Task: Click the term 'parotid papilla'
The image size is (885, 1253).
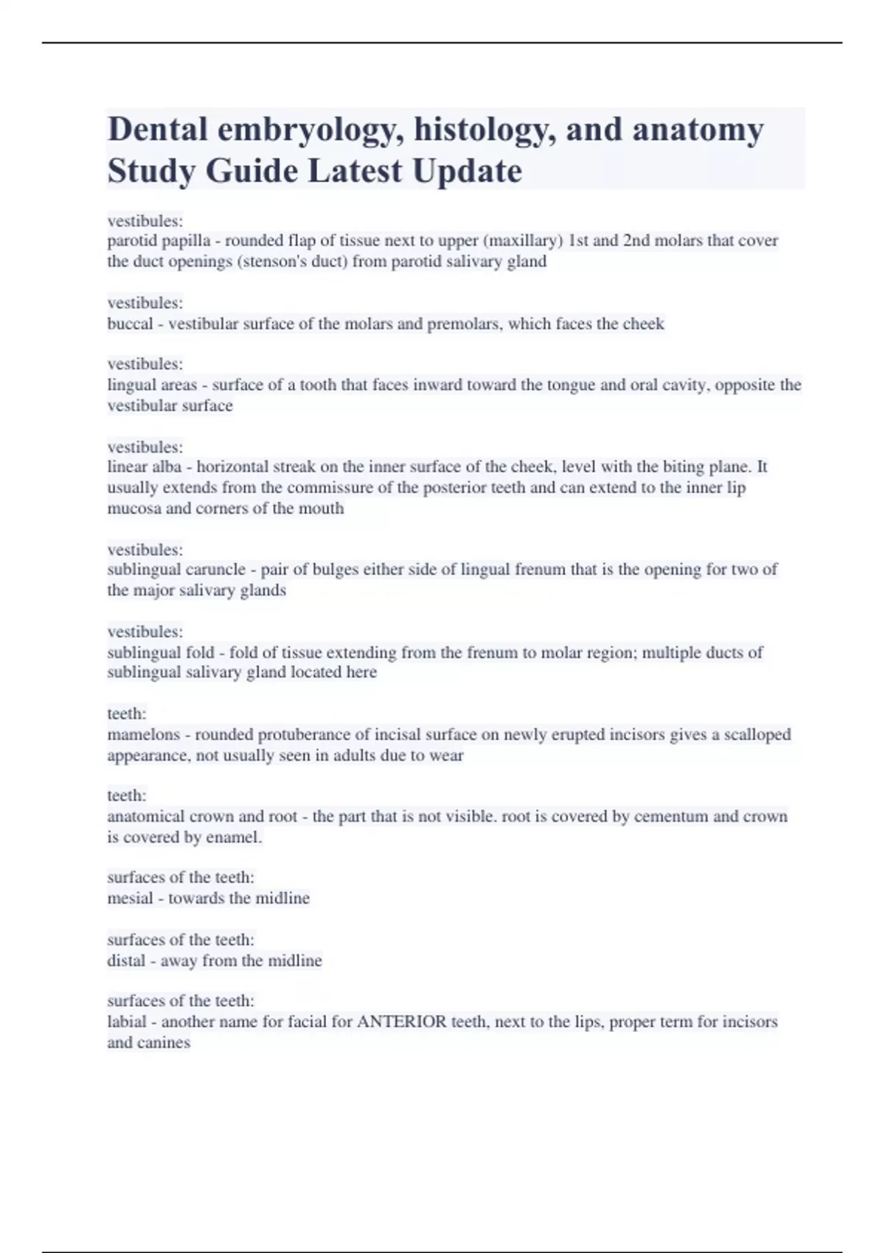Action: (159, 240)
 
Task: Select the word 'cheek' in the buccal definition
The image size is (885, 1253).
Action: (643, 324)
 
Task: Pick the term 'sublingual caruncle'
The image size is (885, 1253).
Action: (176, 569)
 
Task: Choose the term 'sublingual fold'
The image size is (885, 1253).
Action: (161, 652)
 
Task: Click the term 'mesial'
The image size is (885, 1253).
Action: (130, 898)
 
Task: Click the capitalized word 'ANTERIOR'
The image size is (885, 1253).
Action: (402, 1022)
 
